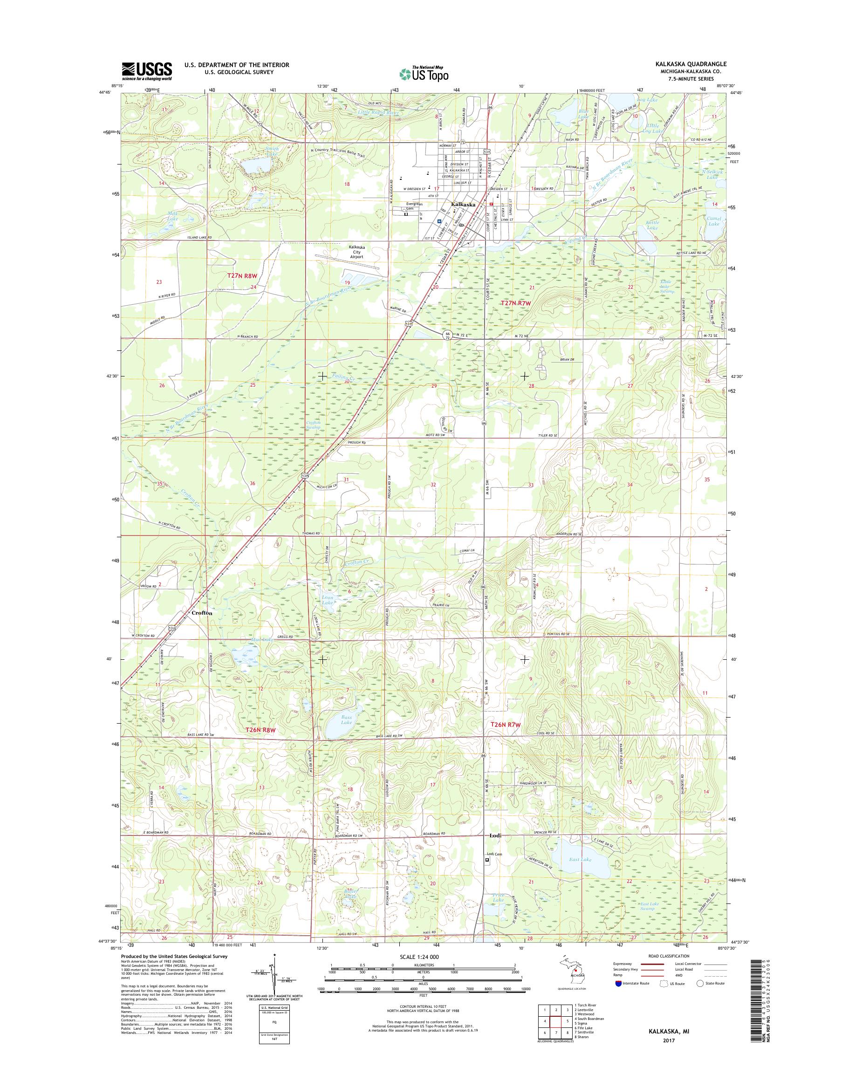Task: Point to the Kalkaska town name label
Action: point(463,204)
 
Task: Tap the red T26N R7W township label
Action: point(505,725)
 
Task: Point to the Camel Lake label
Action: point(713,221)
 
